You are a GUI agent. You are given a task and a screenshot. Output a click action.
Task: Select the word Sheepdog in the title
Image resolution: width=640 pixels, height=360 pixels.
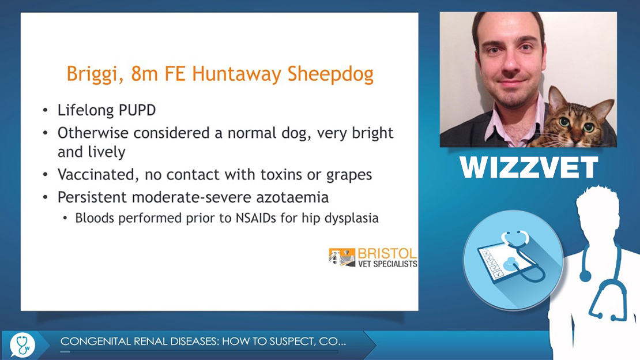point(330,74)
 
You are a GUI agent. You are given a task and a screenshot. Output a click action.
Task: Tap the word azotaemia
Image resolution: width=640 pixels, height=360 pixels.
point(292,197)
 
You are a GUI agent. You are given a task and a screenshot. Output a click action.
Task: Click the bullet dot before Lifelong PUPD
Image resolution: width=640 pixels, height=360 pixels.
point(45,110)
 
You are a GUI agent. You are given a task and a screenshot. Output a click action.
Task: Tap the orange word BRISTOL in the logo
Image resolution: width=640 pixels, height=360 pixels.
point(387,253)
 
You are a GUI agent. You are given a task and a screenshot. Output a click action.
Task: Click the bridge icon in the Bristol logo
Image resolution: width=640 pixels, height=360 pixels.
point(342,257)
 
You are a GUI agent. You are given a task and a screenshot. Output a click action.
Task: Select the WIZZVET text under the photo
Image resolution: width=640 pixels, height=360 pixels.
point(529,167)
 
